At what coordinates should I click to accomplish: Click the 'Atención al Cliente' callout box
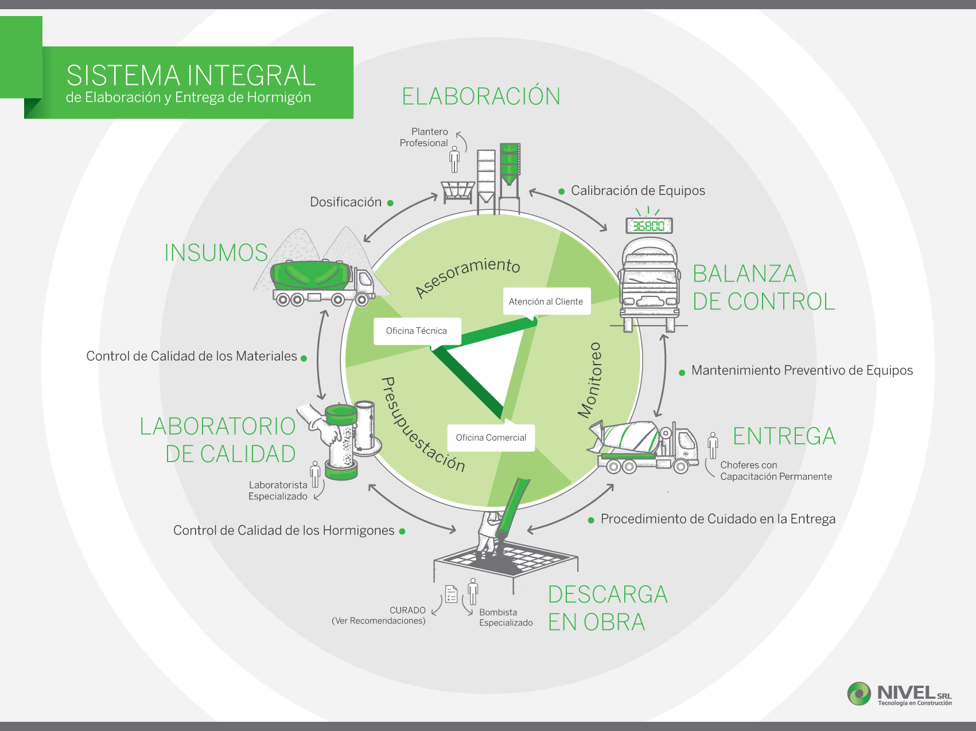[546, 302]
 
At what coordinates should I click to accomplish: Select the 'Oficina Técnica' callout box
[417, 331]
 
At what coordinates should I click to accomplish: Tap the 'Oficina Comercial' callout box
[491, 437]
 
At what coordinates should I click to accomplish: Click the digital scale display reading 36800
[649, 225]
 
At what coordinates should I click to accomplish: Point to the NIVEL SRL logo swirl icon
[859, 693]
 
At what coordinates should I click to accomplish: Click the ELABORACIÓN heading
[481, 96]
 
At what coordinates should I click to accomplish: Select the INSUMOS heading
[216, 253]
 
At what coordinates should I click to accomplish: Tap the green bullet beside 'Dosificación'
[390, 203]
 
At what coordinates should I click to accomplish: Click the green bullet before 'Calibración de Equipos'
[562, 191]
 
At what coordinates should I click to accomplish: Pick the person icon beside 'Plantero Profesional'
[454, 159]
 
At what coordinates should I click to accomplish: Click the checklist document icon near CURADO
[452, 594]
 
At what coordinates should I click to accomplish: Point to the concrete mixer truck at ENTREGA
[643, 448]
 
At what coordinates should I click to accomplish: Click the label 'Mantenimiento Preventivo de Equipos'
[802, 370]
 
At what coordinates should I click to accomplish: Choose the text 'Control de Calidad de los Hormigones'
[283, 530]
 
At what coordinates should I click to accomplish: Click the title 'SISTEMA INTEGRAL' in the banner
[190, 76]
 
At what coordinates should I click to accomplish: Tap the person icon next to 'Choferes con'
[713, 445]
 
